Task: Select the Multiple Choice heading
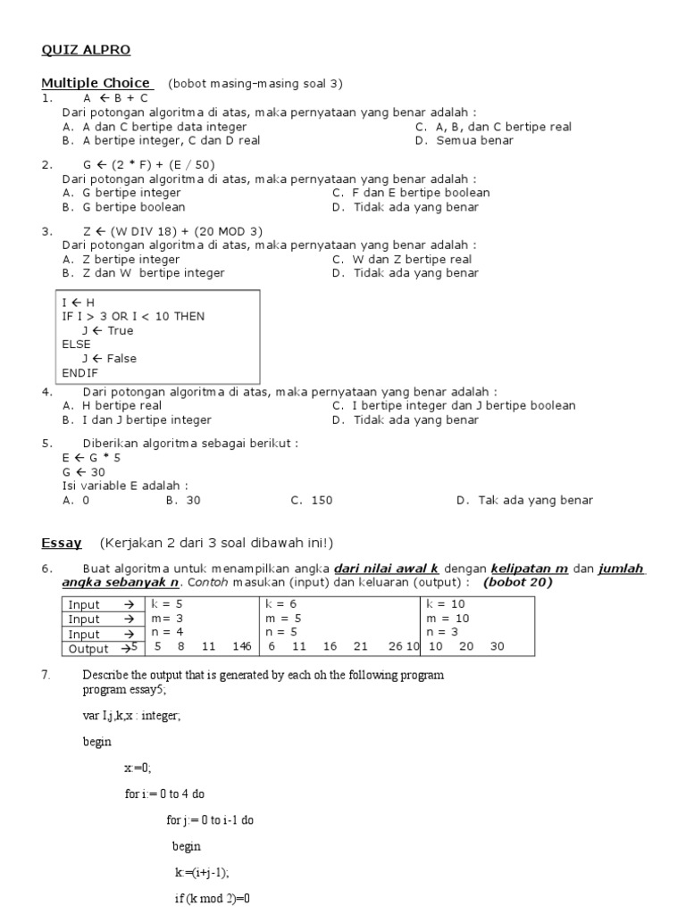coord(96,83)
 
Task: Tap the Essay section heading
coord(62,542)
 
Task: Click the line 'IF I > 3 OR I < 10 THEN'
coord(133,316)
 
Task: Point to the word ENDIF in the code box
coord(80,372)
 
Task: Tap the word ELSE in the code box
coord(76,344)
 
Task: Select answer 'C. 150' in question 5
coord(312,500)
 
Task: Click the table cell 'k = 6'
coord(284,603)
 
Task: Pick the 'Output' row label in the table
coord(88,649)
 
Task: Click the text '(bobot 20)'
coord(518,583)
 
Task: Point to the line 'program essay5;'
coord(123,690)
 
